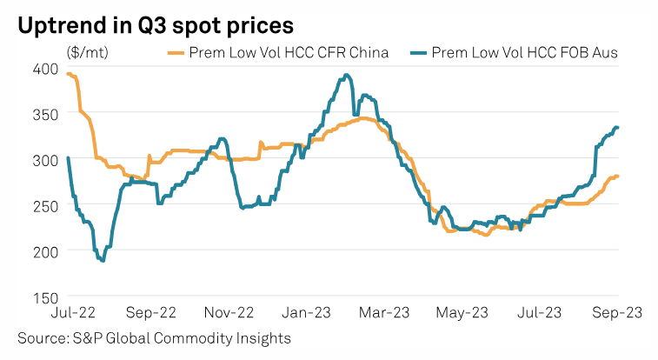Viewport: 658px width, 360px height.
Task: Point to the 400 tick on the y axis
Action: point(46,69)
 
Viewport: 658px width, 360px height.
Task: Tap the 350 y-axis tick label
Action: point(46,114)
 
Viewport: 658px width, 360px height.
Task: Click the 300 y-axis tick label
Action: point(46,160)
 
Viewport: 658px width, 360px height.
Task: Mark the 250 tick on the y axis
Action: point(46,205)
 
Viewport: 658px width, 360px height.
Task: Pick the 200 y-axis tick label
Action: point(46,250)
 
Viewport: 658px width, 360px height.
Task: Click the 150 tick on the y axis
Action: point(46,296)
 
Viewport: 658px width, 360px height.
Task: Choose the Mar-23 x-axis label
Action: point(386,311)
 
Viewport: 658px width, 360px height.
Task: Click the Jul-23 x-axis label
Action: point(540,311)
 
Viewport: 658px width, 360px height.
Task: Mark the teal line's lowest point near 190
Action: point(103,260)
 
